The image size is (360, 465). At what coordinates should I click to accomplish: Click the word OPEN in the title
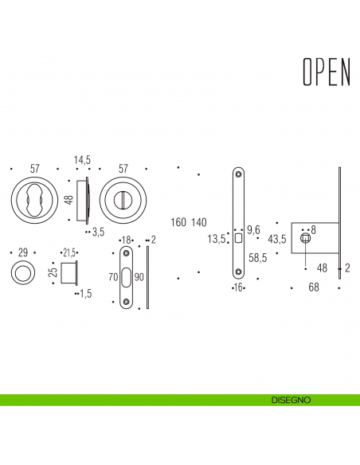327,71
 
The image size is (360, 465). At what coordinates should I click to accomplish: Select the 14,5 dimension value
83,160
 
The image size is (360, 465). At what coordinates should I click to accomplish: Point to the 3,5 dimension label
99,232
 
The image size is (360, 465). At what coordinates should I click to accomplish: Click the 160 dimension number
178,221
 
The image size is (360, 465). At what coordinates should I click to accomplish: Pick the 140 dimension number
199,221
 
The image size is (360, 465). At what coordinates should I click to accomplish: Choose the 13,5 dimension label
217,238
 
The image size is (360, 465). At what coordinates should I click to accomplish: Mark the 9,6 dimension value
254,229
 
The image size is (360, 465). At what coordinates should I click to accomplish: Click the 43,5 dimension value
278,238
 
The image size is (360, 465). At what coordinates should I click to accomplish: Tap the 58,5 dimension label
257,258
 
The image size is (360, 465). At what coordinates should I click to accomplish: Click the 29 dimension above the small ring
22,252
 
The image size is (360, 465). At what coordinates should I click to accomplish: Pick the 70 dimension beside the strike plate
113,278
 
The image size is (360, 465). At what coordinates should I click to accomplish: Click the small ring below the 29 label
22,274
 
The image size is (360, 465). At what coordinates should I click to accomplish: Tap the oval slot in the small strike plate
127,278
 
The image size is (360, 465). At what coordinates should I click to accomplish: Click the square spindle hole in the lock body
304,239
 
